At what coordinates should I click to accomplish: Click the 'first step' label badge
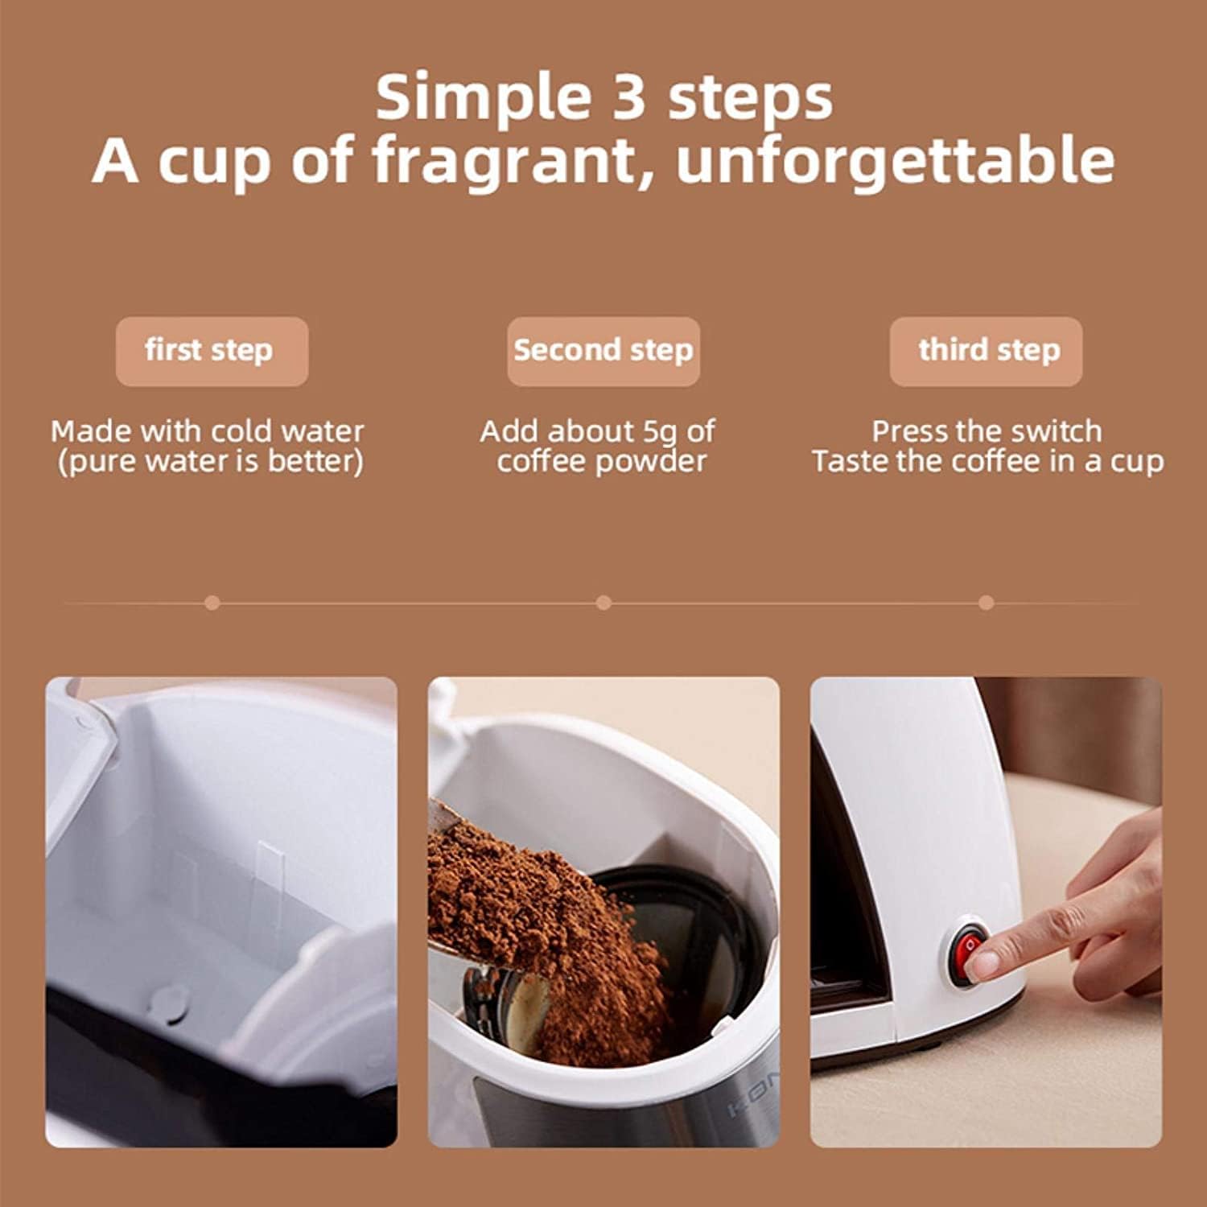212,351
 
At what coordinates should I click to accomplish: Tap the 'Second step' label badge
603,351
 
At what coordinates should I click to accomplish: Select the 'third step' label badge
986,351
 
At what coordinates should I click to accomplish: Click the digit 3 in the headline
628,97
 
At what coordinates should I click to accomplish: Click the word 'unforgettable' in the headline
895,161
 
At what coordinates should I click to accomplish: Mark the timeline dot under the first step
212,603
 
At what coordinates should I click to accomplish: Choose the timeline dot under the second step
603,603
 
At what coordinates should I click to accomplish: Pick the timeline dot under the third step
986,603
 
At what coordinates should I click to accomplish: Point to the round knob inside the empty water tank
170,1002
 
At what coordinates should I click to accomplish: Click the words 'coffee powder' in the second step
601,462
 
